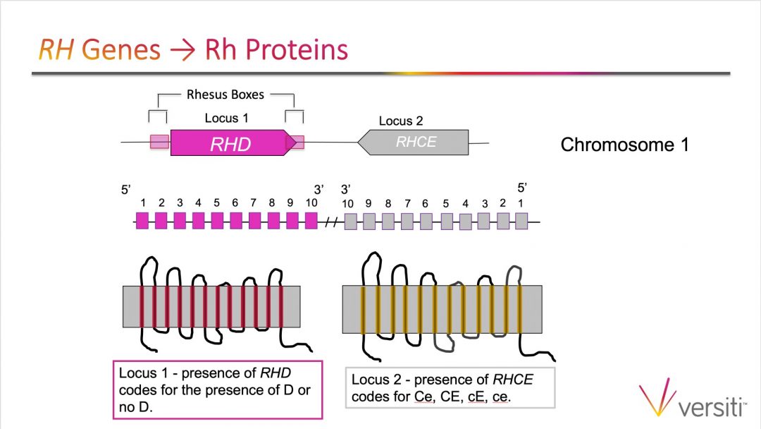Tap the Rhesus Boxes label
pos(225,95)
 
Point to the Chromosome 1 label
pos(624,145)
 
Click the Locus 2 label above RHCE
pos(401,121)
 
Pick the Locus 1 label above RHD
pos(226,118)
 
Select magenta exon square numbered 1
pos(142,221)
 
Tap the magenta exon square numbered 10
pos(311,221)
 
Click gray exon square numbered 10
pos(350,222)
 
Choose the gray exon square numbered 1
pos(521,221)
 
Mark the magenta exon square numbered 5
pos(217,221)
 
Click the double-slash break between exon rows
pos(331,222)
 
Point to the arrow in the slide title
pos(182,50)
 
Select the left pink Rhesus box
pos(160,142)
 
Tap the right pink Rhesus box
pos(295,143)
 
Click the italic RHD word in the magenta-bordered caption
pos(276,373)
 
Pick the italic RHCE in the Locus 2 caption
pos(512,379)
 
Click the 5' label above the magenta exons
pos(125,190)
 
